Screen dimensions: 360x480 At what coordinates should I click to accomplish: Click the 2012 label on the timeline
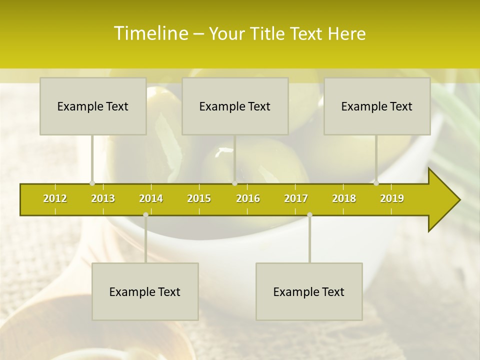click(55, 198)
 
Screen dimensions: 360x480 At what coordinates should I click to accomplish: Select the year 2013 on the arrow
click(103, 198)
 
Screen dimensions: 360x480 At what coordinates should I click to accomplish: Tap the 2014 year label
click(151, 198)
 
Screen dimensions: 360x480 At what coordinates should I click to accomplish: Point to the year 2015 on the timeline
click(199, 198)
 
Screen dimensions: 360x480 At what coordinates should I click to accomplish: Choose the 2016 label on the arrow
click(248, 198)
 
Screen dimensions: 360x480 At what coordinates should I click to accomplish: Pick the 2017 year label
click(296, 198)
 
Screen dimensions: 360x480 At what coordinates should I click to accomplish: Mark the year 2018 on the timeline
click(344, 198)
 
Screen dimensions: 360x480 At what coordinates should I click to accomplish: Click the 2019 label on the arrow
click(392, 198)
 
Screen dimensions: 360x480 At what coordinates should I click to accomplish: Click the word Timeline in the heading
click(150, 33)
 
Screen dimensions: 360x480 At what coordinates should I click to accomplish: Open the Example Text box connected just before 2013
click(93, 106)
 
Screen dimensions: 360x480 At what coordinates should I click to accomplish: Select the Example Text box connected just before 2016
click(235, 106)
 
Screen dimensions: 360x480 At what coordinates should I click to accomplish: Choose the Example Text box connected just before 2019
click(377, 106)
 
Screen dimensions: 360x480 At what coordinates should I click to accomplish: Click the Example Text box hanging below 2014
click(145, 291)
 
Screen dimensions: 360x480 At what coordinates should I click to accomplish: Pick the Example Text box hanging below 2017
click(309, 291)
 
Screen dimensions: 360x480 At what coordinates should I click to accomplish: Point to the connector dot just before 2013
click(92, 183)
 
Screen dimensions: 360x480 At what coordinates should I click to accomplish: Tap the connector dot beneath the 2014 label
click(145, 214)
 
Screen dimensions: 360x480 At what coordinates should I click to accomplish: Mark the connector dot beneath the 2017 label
click(309, 214)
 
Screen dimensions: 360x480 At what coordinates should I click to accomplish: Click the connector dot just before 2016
click(234, 183)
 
